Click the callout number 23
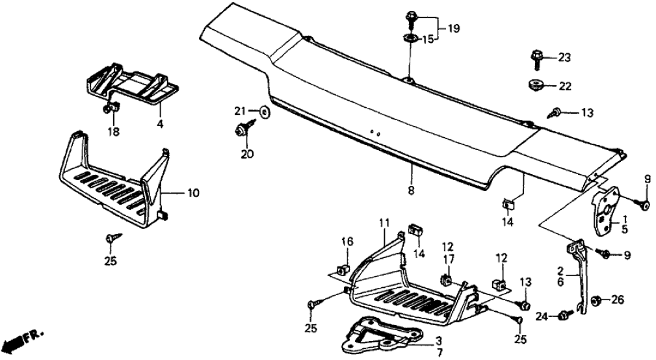tap(564, 58)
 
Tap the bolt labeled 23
tap(537, 59)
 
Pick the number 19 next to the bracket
tap(453, 28)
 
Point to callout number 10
tap(194, 193)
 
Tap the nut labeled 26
tap(597, 300)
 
